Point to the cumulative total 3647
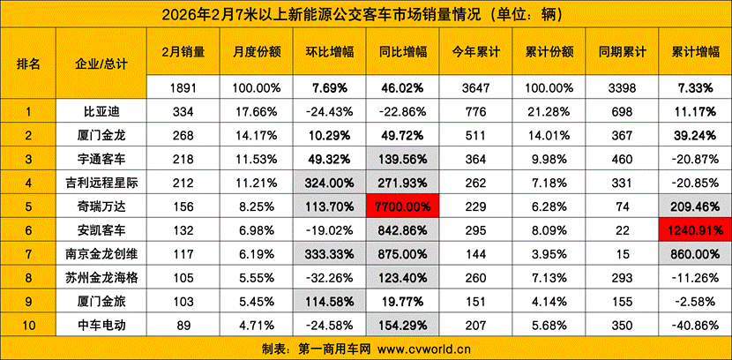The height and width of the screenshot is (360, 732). (x=471, y=88)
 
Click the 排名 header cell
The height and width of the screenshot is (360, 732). (x=28, y=64)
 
